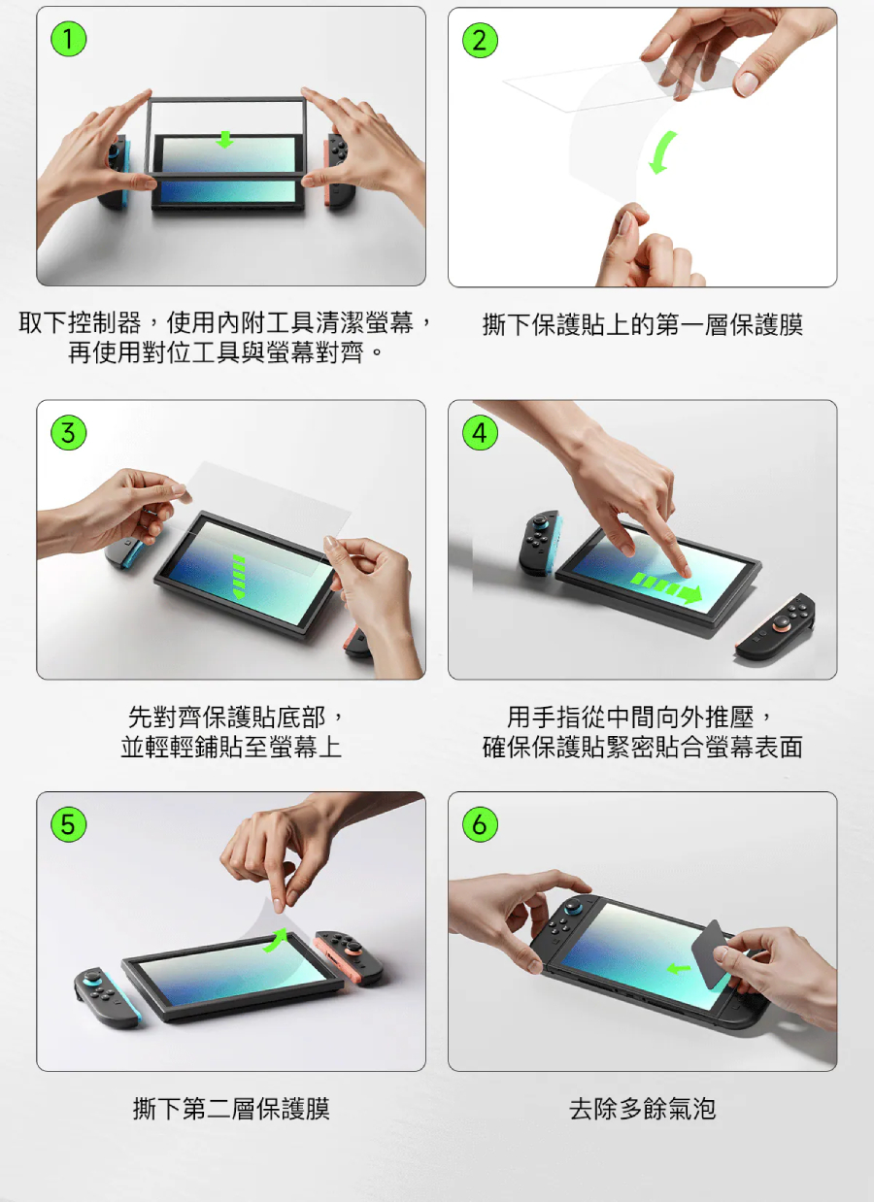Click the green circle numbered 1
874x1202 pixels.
(68, 39)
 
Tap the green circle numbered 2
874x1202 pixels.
(480, 40)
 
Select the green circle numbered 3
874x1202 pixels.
(68, 432)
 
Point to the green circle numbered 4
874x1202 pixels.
(480, 432)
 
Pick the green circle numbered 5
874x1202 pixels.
(68, 824)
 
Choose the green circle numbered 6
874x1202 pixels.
(480, 824)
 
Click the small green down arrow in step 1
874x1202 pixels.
(224, 140)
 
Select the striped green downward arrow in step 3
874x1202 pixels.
(238, 577)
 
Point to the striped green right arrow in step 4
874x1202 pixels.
(666, 586)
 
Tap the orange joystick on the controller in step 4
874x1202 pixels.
(781, 622)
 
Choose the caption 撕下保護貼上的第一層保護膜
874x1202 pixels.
(643, 324)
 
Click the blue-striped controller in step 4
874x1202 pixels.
(541, 542)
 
